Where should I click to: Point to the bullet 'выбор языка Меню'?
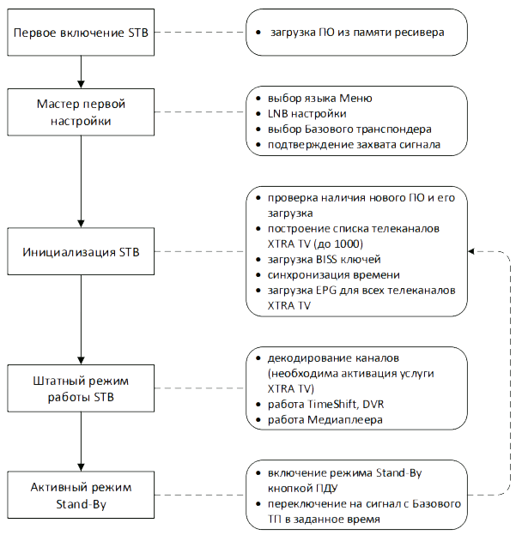coord(319,99)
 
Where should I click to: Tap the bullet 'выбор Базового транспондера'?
coord(349,129)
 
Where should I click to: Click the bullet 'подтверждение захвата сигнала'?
coord(353,145)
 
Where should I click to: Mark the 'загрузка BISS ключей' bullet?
coord(324,259)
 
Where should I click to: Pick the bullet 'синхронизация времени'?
coord(333,274)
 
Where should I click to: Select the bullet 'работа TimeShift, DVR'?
coord(326,405)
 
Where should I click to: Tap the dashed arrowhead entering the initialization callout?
coord(473,252)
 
